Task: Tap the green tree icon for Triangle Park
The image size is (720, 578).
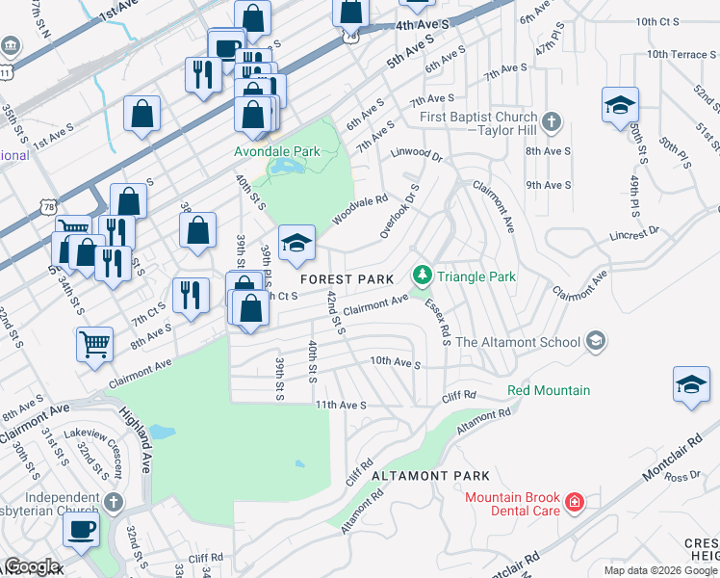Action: pyautogui.click(x=421, y=276)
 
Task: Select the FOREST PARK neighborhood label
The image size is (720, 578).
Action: pyautogui.click(x=347, y=278)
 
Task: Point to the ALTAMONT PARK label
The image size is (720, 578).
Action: pyautogui.click(x=430, y=476)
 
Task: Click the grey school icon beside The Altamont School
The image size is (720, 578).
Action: pyautogui.click(x=596, y=341)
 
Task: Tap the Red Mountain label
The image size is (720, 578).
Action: pyautogui.click(x=549, y=390)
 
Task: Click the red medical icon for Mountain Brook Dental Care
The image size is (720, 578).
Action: pyautogui.click(x=574, y=503)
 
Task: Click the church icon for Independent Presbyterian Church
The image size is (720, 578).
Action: pyautogui.click(x=114, y=503)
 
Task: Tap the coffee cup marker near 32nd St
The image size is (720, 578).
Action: pyautogui.click(x=81, y=528)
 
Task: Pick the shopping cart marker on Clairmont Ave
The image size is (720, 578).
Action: pyautogui.click(x=95, y=343)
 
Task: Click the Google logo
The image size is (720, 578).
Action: pyautogui.click(x=31, y=566)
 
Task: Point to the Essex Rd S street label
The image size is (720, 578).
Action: pyautogui.click(x=439, y=320)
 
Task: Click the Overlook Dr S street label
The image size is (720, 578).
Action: pyautogui.click(x=400, y=211)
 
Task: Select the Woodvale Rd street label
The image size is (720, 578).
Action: pyautogui.click(x=360, y=212)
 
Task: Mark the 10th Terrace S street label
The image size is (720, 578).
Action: pyautogui.click(x=682, y=54)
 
